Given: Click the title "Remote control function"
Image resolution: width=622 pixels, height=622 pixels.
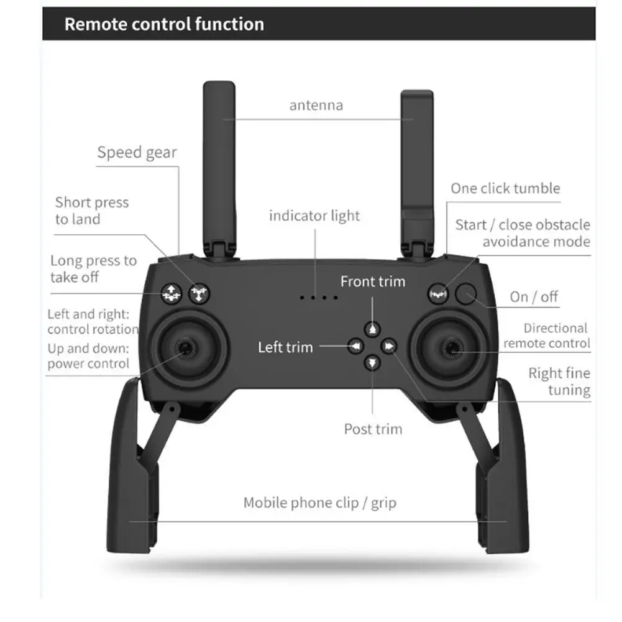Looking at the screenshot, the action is click(x=164, y=24).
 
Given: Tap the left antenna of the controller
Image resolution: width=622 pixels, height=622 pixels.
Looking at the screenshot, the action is click(x=219, y=162).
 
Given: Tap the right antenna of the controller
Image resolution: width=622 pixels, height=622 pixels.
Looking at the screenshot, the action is click(x=416, y=162).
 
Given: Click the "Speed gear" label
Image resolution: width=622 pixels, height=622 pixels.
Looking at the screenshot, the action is click(x=137, y=152).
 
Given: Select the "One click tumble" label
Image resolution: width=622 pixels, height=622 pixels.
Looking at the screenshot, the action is click(x=505, y=188).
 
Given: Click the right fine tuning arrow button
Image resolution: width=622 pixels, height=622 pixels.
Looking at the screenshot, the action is click(x=390, y=346).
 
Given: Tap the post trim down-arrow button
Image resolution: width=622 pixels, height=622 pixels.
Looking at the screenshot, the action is click(x=372, y=362).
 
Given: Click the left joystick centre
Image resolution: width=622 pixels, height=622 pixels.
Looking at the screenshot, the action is click(x=185, y=349).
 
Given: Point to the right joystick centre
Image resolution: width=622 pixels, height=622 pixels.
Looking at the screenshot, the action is click(x=451, y=350).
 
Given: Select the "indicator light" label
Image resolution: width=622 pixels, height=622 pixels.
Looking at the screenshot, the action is click(x=314, y=216).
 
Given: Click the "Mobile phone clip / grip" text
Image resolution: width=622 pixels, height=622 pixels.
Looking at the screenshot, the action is click(x=319, y=502).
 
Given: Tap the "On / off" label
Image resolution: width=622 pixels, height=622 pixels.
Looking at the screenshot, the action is click(x=534, y=296).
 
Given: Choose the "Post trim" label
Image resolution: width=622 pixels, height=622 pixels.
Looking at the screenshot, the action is click(x=373, y=429).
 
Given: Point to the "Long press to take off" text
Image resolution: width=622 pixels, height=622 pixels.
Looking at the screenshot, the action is click(x=93, y=268).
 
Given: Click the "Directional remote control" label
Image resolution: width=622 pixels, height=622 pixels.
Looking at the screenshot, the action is click(x=547, y=336).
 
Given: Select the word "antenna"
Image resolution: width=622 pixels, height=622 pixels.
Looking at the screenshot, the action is click(x=316, y=105).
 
